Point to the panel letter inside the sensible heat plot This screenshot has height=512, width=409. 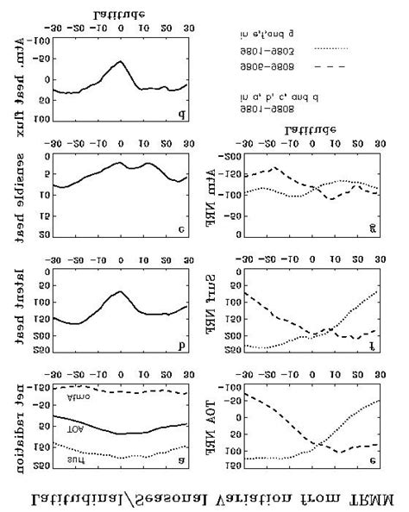181,229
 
